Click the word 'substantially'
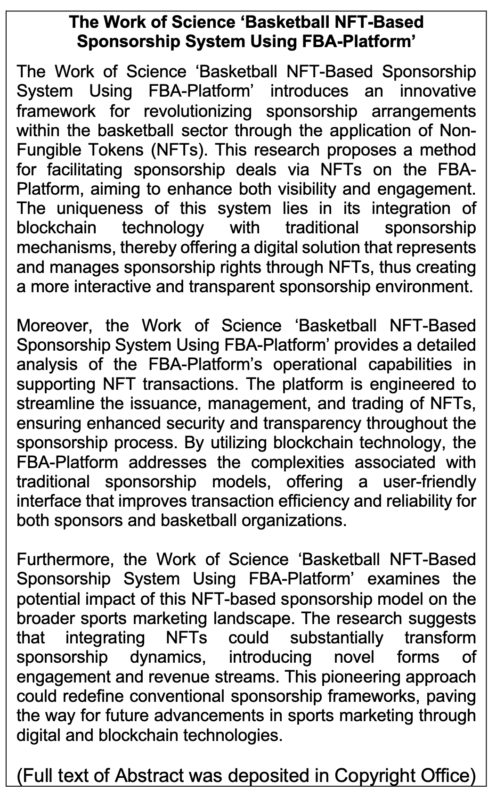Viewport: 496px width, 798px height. click(x=337, y=638)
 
